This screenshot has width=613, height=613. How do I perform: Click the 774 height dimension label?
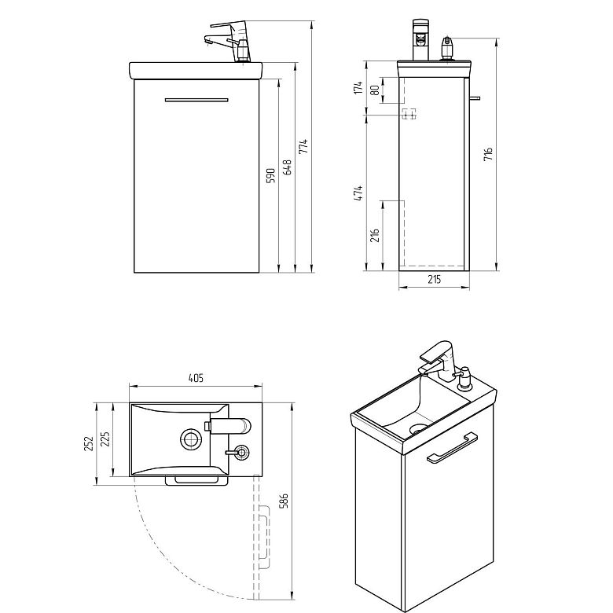(304, 146)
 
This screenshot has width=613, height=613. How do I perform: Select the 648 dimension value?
(287, 167)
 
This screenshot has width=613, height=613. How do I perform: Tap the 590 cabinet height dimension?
(271, 175)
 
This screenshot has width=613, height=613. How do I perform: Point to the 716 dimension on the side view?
(488, 154)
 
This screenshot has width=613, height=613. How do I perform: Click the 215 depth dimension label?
(435, 279)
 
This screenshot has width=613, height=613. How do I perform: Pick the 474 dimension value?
(358, 193)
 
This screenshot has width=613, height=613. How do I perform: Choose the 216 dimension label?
(375, 235)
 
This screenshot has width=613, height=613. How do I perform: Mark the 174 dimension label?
(358, 87)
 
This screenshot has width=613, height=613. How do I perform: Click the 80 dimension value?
(375, 90)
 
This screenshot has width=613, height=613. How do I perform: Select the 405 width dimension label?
(196, 378)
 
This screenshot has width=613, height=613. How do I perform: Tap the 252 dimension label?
(89, 443)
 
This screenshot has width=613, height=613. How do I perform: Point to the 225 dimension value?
(105, 439)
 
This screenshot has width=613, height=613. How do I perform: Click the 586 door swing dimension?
(284, 501)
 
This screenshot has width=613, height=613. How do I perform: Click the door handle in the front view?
(196, 100)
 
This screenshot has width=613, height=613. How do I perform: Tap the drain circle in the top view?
(191, 439)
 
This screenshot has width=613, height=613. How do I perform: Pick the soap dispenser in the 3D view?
(464, 378)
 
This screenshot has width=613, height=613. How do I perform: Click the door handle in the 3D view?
(452, 448)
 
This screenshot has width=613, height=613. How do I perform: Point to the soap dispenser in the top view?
(238, 453)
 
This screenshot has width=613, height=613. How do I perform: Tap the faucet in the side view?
(420, 40)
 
